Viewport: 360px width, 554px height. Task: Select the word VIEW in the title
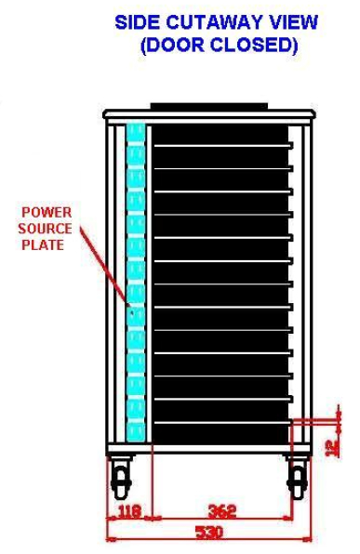(x=289, y=21)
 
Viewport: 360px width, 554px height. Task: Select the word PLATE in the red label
(x=45, y=245)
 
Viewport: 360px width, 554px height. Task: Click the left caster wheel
(x=121, y=481)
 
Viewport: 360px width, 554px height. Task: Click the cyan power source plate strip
(x=135, y=279)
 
